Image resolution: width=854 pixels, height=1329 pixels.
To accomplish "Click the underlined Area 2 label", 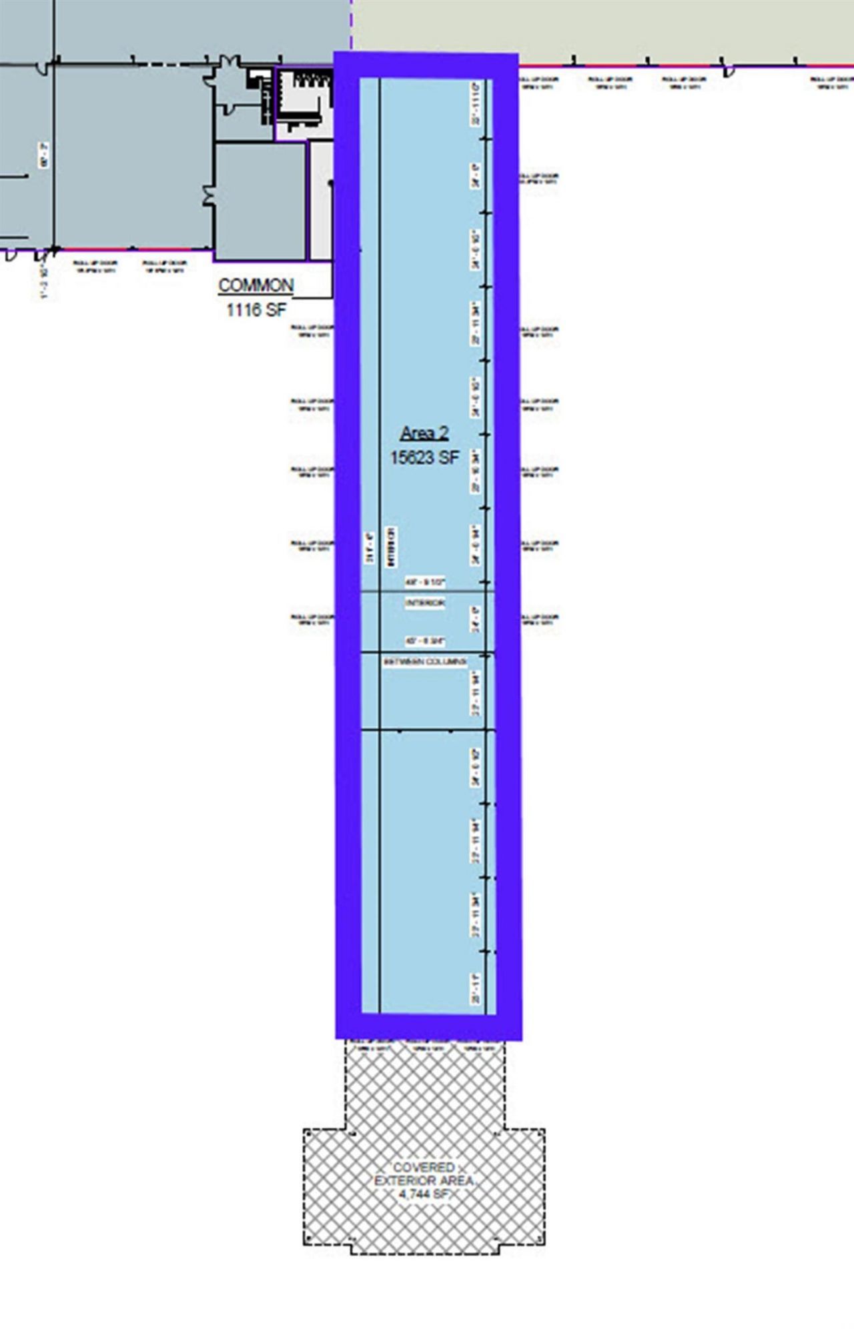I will click(424, 433).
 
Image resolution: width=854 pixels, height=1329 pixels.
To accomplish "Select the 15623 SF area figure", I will click(425, 457).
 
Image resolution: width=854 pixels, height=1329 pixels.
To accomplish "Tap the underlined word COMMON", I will click(256, 285).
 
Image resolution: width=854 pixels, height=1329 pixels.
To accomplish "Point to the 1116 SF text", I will click(256, 309).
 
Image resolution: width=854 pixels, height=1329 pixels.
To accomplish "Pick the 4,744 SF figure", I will click(424, 1194).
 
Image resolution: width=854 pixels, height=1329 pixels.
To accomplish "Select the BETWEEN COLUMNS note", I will click(425, 662).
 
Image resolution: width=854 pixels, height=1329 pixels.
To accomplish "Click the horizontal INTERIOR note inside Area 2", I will click(425, 603).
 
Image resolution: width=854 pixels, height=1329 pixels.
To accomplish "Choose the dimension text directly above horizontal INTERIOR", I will click(425, 582).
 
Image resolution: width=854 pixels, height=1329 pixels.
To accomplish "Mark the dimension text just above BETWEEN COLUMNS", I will click(425, 641).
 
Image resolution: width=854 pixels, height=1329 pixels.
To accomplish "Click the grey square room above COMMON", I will click(260, 200).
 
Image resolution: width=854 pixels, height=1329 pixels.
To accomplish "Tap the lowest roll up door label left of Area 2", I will click(312, 619).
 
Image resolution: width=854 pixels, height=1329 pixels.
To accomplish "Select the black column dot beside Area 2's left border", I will click(330, 182).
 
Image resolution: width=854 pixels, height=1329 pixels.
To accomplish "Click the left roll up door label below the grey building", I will click(95, 266).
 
